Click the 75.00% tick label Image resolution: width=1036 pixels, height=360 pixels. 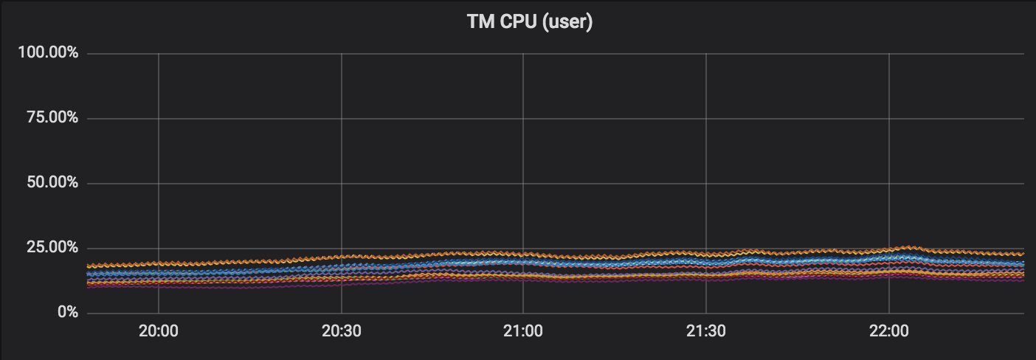pyautogui.click(x=49, y=118)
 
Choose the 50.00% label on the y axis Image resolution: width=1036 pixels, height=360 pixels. pyautogui.click(x=49, y=183)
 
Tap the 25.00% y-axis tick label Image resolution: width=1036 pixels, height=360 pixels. pyautogui.click(x=49, y=247)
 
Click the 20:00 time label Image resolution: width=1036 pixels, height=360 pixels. pyautogui.click(x=159, y=331)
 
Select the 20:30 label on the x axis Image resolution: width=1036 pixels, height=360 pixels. pyautogui.click(x=342, y=331)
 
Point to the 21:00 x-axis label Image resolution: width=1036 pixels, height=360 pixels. pyautogui.click(x=523, y=331)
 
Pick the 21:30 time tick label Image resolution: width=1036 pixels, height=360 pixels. pyautogui.click(x=706, y=331)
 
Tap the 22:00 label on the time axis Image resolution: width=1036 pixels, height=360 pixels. pyautogui.click(x=889, y=331)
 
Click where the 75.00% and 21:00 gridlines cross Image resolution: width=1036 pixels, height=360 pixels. pyautogui.click(x=523, y=118)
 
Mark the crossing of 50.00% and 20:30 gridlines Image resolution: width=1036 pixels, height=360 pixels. pyautogui.click(x=342, y=183)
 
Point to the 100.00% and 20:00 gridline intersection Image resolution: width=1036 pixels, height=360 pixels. pyautogui.click(x=159, y=54)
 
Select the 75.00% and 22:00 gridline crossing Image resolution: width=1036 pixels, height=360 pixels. pyautogui.click(x=889, y=118)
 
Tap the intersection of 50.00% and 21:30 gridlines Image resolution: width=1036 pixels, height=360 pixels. pyautogui.click(x=706, y=183)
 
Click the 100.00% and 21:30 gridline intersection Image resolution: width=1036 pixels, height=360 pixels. pyautogui.click(x=706, y=54)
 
